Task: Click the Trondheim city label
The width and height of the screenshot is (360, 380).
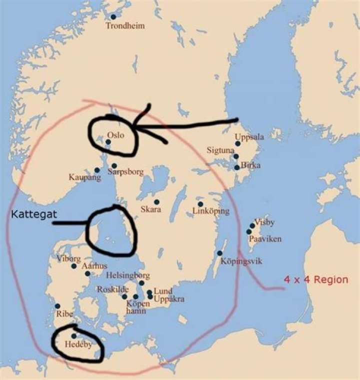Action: point(125,26)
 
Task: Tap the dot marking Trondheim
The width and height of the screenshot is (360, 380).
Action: point(113,17)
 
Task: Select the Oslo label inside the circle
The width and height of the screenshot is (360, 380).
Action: point(115,135)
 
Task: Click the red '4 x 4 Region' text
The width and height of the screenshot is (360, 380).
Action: point(316,279)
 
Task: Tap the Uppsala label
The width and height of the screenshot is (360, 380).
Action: point(249,137)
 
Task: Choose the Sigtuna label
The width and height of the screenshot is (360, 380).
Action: point(220,150)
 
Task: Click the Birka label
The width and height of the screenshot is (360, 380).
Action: point(250,165)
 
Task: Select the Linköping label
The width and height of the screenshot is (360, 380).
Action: point(211,211)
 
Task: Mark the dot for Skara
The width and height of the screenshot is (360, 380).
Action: point(156,202)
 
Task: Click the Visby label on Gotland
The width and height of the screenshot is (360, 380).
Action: point(264,222)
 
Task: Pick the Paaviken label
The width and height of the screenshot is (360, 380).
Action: point(265,239)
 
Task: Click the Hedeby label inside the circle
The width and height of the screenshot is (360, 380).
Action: point(78,344)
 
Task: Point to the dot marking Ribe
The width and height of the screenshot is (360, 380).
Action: point(57,306)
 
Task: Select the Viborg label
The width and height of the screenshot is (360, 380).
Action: point(68,259)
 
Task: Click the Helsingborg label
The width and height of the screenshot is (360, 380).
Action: point(128,275)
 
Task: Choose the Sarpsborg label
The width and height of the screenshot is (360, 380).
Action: point(126,172)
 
